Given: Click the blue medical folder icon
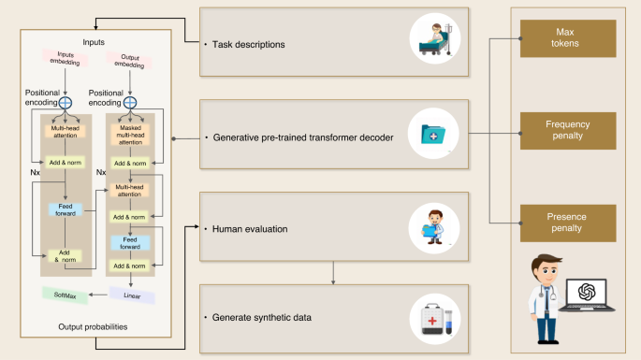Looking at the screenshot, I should tap(432, 137).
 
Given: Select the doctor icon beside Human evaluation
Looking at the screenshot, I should tap(433, 226).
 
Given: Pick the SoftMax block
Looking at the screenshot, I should tap(65, 295).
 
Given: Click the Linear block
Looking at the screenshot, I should tap(132, 295).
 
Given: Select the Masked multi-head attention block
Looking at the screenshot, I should tap(131, 137).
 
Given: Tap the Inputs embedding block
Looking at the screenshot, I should tap(65, 59).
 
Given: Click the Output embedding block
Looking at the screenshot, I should tap(130, 60).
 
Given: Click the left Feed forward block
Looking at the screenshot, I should tap(65, 209).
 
